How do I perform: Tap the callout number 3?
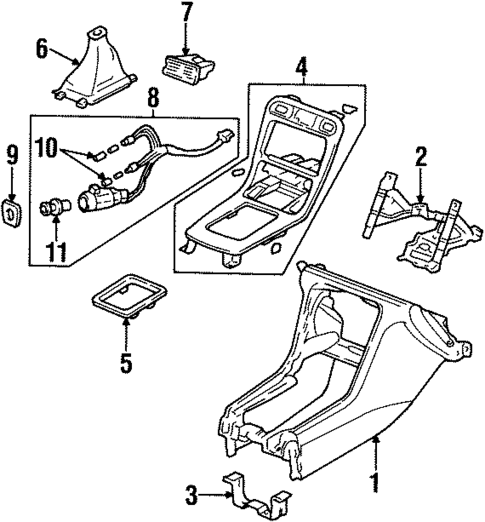click(x=189, y=492)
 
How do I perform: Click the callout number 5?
click(x=126, y=360)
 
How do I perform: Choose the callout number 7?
click(x=186, y=15)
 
